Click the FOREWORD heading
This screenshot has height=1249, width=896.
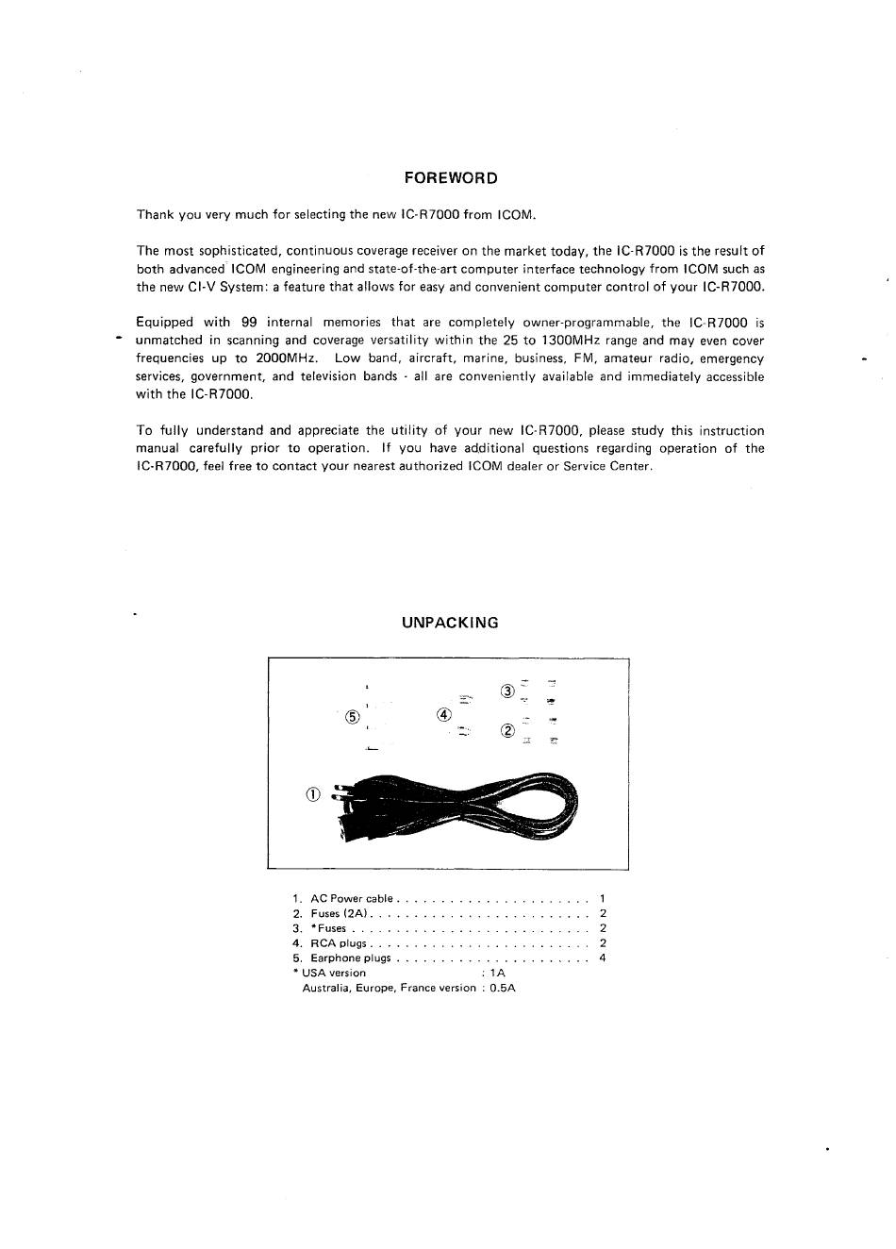tap(450, 178)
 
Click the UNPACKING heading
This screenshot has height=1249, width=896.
tap(450, 623)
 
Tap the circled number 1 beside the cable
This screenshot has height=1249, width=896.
tap(314, 794)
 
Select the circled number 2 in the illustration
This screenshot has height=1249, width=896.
tap(507, 730)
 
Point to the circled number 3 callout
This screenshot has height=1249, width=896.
tap(507, 691)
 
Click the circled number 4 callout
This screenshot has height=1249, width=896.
tap(443, 714)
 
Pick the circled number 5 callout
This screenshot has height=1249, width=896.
tap(353, 716)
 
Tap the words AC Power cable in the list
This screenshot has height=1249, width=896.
tap(351, 899)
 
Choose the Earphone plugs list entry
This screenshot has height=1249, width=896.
tap(350, 958)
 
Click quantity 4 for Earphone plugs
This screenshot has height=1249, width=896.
tap(603, 958)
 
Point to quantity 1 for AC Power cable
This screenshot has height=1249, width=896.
tap(602, 899)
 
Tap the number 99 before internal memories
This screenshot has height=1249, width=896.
tap(249, 323)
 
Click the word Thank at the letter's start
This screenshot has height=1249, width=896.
tap(155, 215)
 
